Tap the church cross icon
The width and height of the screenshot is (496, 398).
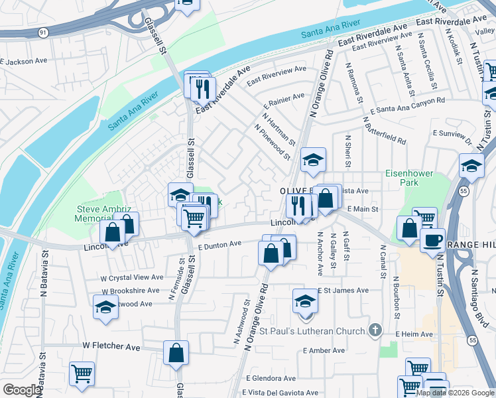pos(375,330)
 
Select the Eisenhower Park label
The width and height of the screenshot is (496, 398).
pos(409,178)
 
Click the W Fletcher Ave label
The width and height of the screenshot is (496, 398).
pos(111,347)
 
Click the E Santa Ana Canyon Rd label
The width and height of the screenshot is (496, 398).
pos(407,105)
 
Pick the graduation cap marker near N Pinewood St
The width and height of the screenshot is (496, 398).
pos(313,159)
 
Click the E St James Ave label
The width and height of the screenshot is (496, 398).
pos(343,291)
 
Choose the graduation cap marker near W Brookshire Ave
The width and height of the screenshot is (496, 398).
pos(105,307)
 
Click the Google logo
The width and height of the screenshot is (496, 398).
pos(22,390)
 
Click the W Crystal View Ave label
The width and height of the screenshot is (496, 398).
pos(132,277)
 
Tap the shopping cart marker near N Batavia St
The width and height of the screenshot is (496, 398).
pos(82,373)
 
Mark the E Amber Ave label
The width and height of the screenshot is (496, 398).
pos(324,350)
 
